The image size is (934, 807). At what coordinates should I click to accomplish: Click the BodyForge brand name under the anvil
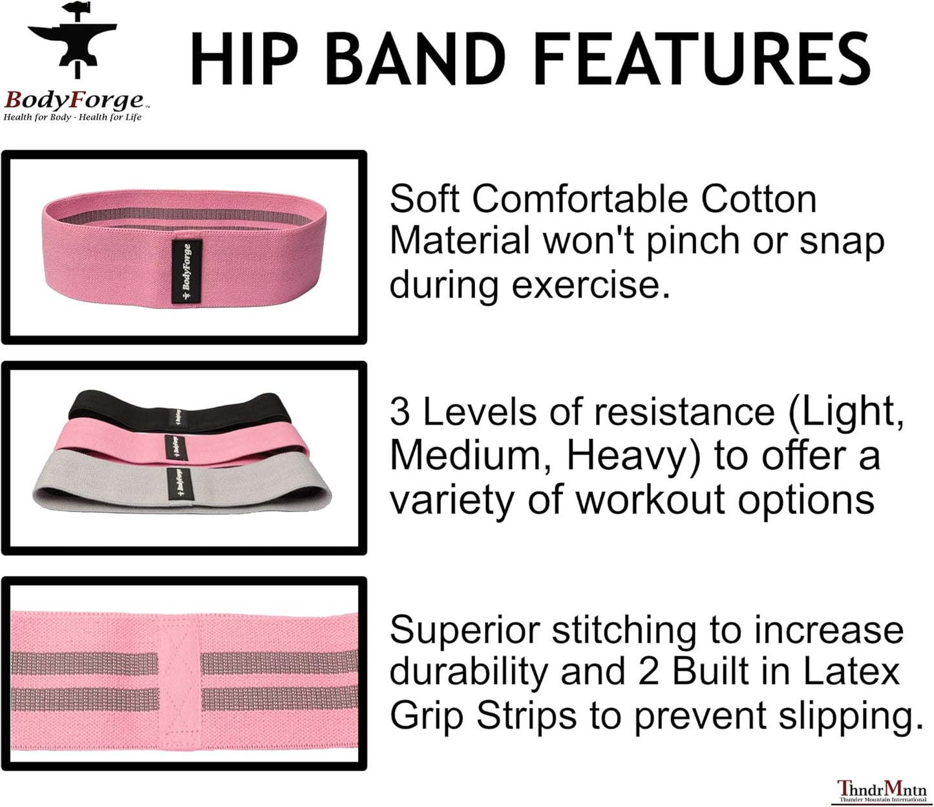coord(74,100)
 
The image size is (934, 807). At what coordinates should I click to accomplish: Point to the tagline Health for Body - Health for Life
coord(72,117)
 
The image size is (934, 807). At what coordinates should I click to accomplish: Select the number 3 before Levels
coord(399,412)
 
